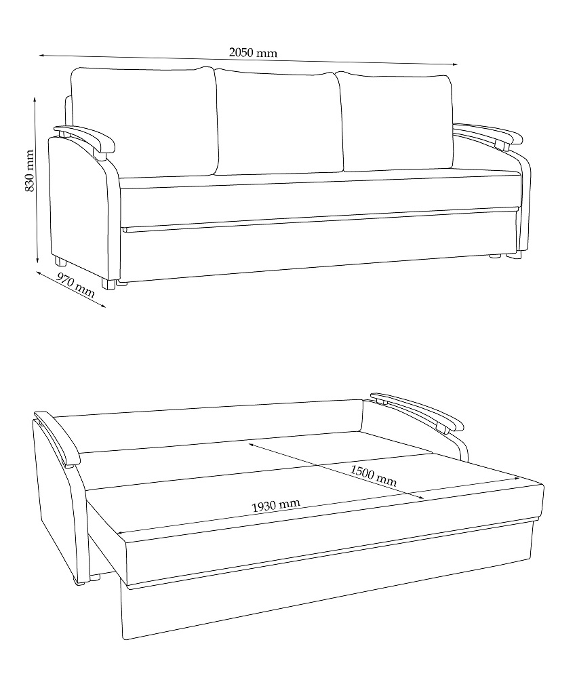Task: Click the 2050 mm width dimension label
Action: coord(253,53)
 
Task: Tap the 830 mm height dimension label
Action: coord(29,171)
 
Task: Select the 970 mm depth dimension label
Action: coord(76,286)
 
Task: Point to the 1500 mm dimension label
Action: coord(374,476)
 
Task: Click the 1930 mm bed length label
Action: coord(276,506)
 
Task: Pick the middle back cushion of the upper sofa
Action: coord(279,122)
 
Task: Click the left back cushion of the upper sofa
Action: coord(144,121)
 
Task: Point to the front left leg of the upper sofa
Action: coord(108,283)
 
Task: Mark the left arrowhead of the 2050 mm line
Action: coord(41,56)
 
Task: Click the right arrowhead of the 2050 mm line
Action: coord(454,64)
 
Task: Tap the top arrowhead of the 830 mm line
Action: coord(35,100)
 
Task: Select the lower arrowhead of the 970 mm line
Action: coord(103,306)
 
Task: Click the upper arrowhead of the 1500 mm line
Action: coord(252,443)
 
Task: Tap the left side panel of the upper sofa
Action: coord(78,207)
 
